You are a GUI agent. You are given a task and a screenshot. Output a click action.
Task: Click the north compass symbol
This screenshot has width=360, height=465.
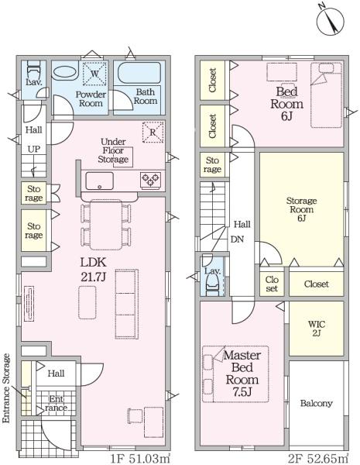(331, 21)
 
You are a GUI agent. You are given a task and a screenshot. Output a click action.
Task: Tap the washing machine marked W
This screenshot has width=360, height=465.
(94, 74)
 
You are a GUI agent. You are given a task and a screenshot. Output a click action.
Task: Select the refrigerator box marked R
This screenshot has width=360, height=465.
(153, 132)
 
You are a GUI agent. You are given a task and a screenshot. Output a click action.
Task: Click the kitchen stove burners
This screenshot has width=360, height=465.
(151, 180)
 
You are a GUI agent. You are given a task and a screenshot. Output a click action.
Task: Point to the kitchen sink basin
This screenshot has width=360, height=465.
(99, 181)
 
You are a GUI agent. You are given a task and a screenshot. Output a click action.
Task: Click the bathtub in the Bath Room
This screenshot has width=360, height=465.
(139, 74)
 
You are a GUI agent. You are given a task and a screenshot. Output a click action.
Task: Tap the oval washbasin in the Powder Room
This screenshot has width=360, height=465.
(65, 73)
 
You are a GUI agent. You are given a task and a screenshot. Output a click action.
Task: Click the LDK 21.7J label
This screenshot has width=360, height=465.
(93, 270)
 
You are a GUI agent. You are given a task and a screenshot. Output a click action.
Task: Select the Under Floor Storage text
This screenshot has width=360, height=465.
(113, 150)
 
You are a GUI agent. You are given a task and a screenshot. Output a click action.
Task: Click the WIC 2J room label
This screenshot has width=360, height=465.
(316, 329)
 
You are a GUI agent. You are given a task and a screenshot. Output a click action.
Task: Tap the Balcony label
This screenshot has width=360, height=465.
(316, 403)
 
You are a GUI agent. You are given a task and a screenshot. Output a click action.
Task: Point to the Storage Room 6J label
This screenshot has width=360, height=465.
(301, 209)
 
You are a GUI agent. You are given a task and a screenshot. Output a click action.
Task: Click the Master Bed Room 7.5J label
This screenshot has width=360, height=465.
(242, 374)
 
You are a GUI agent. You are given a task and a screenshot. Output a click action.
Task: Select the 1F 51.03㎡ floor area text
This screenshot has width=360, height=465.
(140, 459)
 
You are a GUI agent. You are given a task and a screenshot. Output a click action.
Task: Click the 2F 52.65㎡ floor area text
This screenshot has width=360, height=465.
(318, 459)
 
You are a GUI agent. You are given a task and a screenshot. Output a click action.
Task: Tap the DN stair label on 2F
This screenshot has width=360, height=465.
(237, 239)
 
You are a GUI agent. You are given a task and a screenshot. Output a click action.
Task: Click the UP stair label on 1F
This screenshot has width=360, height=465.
(34, 149)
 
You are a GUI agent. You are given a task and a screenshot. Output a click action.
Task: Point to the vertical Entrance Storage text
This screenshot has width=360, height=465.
(6, 388)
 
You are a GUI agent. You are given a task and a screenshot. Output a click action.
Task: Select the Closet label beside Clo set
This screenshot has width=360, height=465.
(316, 284)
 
